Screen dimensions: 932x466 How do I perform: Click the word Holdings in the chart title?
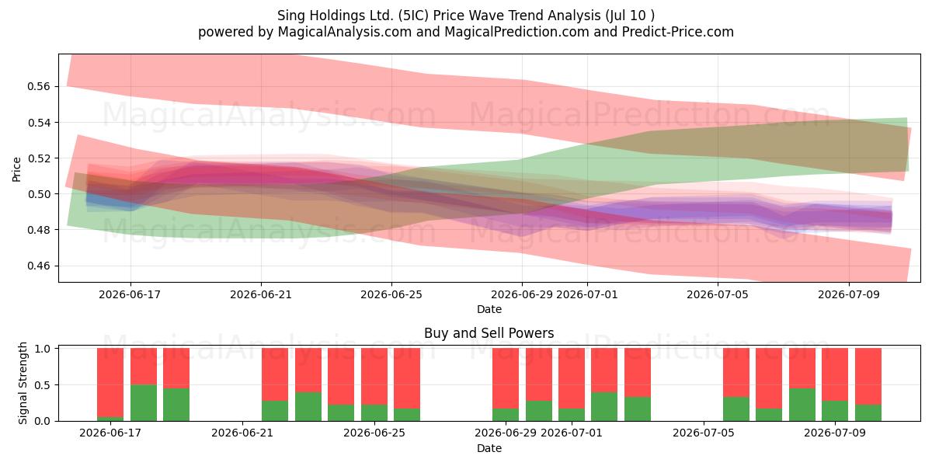click(x=331, y=16)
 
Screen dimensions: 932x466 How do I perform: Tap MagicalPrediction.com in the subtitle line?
click(x=516, y=32)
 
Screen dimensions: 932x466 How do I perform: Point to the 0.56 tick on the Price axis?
click(x=38, y=86)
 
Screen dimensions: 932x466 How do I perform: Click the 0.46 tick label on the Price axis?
click(x=38, y=266)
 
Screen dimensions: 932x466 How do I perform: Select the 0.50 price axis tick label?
click(x=38, y=194)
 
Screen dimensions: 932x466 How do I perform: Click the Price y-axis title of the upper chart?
click(x=16, y=169)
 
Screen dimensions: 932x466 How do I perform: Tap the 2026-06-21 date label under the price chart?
click(x=261, y=294)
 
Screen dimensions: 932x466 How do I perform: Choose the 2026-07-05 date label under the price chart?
click(x=718, y=294)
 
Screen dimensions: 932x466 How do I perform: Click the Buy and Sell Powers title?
click(x=489, y=333)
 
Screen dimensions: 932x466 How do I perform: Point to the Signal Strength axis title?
click(x=23, y=383)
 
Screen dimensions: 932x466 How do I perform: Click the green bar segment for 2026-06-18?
click(x=144, y=403)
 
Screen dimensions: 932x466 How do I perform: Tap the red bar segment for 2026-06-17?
click(x=110, y=383)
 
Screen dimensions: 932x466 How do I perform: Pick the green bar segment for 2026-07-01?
click(x=572, y=415)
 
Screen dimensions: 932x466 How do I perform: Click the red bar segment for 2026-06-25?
click(x=374, y=377)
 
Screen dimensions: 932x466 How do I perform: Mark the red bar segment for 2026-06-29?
click(x=506, y=379)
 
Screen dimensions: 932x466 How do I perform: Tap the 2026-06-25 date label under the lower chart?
click(x=374, y=433)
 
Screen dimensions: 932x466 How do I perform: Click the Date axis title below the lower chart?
click(x=489, y=449)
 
